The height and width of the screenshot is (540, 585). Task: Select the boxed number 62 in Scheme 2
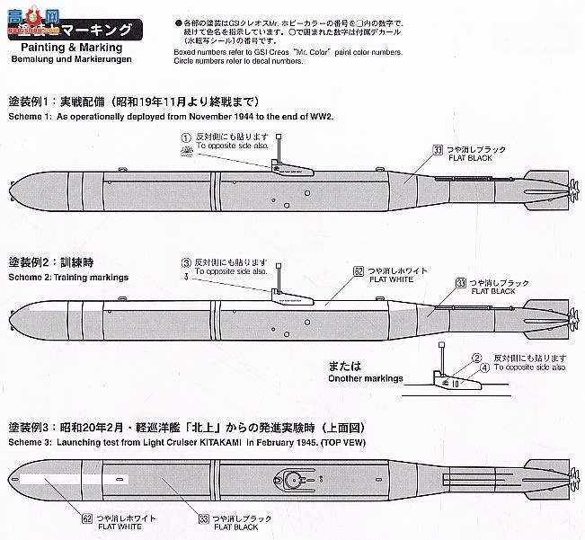click(358, 270)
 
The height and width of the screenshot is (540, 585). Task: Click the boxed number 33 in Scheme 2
click(461, 282)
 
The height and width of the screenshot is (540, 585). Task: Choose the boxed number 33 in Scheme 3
click(205, 518)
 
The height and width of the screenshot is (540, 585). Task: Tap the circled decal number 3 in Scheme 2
click(185, 261)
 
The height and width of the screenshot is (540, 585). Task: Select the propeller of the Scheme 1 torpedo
click(568, 188)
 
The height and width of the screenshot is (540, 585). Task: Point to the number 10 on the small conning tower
click(456, 381)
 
